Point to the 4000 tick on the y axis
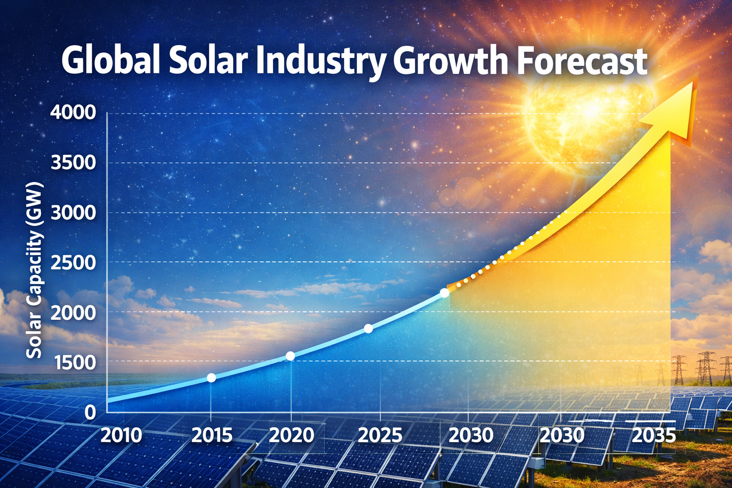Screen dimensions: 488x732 coord(73,113)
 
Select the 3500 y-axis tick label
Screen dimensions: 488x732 coord(73,163)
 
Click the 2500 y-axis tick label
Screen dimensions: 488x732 coord(73,262)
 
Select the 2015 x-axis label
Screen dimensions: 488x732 coord(212,435)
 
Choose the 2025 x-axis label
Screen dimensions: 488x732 coord(380,435)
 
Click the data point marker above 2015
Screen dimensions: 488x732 coord(211,377)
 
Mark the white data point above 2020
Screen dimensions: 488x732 coord(290,356)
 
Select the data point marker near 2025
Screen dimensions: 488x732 coord(368,328)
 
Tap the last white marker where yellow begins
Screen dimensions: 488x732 coord(445,293)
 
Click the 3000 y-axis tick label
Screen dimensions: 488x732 coord(73,213)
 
